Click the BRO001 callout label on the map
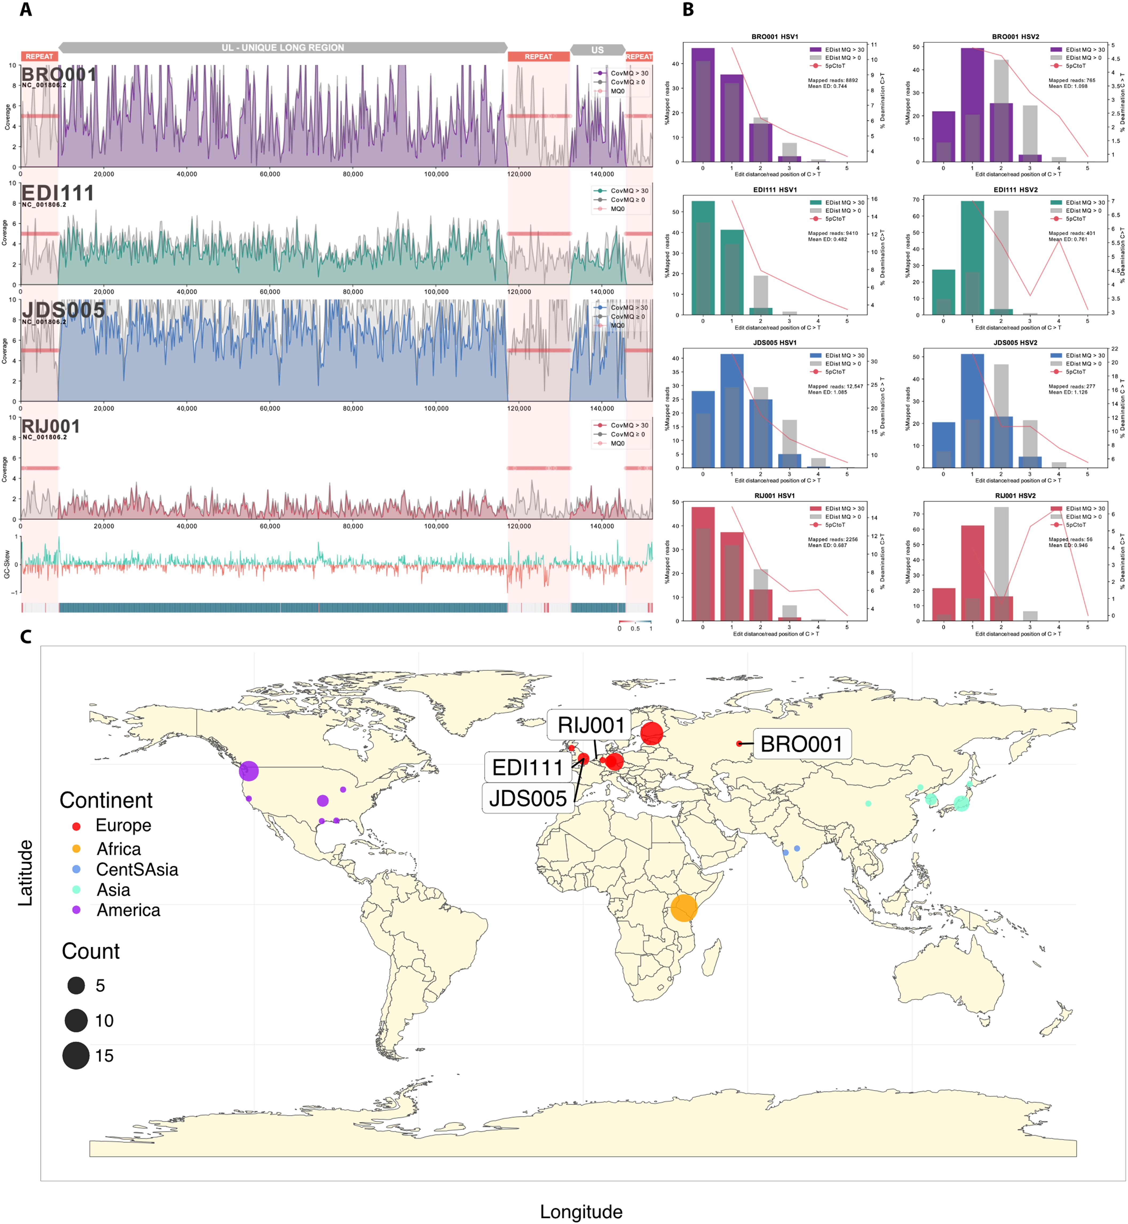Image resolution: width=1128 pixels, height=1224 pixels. click(802, 744)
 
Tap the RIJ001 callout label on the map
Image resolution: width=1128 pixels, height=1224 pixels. click(591, 725)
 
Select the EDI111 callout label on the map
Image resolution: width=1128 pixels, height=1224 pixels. click(527, 767)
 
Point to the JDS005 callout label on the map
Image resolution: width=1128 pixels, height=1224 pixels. click(527, 798)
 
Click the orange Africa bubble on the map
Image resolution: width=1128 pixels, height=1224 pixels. click(684, 908)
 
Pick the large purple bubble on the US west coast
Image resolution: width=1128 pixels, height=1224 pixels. click(249, 771)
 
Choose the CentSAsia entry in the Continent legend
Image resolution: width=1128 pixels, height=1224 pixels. click(137, 869)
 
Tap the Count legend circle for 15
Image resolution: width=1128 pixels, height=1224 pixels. click(76, 1055)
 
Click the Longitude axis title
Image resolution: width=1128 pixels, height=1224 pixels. click(581, 1212)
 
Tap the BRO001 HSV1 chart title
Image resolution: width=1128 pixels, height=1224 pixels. click(775, 37)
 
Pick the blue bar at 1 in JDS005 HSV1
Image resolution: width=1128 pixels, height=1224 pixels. click(732, 410)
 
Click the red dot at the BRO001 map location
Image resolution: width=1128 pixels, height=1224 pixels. click(739, 743)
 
